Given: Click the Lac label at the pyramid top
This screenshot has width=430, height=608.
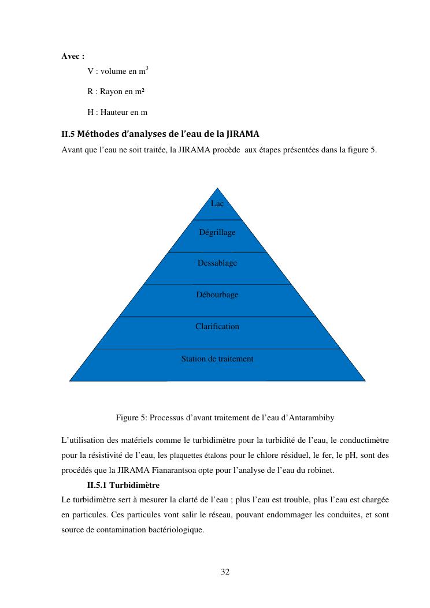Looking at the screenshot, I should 217,204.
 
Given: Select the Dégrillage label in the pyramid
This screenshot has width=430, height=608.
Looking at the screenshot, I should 217,232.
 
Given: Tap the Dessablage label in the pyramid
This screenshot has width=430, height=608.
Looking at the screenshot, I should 217,263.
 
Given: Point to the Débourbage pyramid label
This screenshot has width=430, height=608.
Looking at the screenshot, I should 217,295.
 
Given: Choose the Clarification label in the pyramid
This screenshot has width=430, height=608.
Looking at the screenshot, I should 217,327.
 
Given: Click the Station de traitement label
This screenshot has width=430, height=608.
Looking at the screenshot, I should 217,359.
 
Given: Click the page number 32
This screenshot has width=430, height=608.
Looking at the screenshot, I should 225,572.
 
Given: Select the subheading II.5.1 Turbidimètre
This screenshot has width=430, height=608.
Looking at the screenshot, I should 123,485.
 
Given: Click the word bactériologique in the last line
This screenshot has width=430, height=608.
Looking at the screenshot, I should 167,529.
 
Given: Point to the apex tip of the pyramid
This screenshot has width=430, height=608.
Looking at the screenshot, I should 217,188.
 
